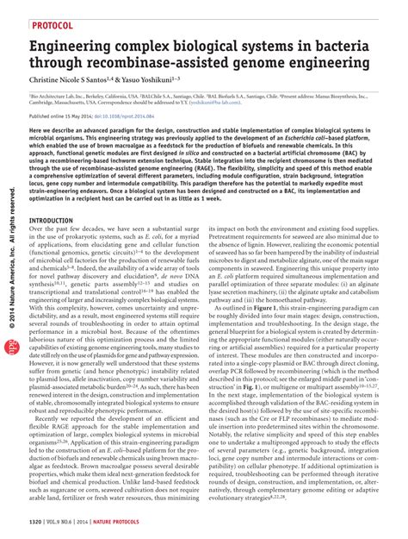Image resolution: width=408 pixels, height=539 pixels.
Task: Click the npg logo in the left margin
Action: tap(11, 343)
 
